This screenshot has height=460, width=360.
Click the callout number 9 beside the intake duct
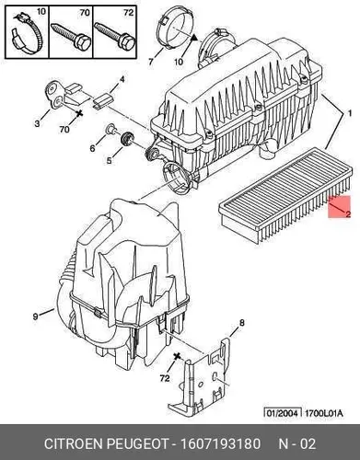click(36, 316)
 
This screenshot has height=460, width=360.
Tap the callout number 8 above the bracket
click(242, 323)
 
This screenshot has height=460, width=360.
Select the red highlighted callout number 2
click(348, 213)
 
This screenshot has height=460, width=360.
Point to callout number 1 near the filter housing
click(349, 113)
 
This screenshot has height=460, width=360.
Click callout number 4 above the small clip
click(122, 79)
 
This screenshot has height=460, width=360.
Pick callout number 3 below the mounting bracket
click(37, 123)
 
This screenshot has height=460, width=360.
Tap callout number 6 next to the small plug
click(92, 148)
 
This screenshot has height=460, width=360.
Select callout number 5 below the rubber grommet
click(110, 160)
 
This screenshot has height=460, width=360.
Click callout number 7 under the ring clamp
click(150, 62)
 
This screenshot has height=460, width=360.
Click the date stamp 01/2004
click(283, 413)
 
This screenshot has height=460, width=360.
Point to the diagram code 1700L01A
click(323, 413)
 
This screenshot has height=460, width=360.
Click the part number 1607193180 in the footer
click(221, 443)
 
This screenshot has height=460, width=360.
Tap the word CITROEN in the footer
click(73, 443)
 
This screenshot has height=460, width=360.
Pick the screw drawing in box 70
click(72, 36)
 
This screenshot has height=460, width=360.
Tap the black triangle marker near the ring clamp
click(193, 38)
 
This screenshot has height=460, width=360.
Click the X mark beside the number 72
click(177, 356)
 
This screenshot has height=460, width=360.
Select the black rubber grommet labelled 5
click(127, 139)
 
